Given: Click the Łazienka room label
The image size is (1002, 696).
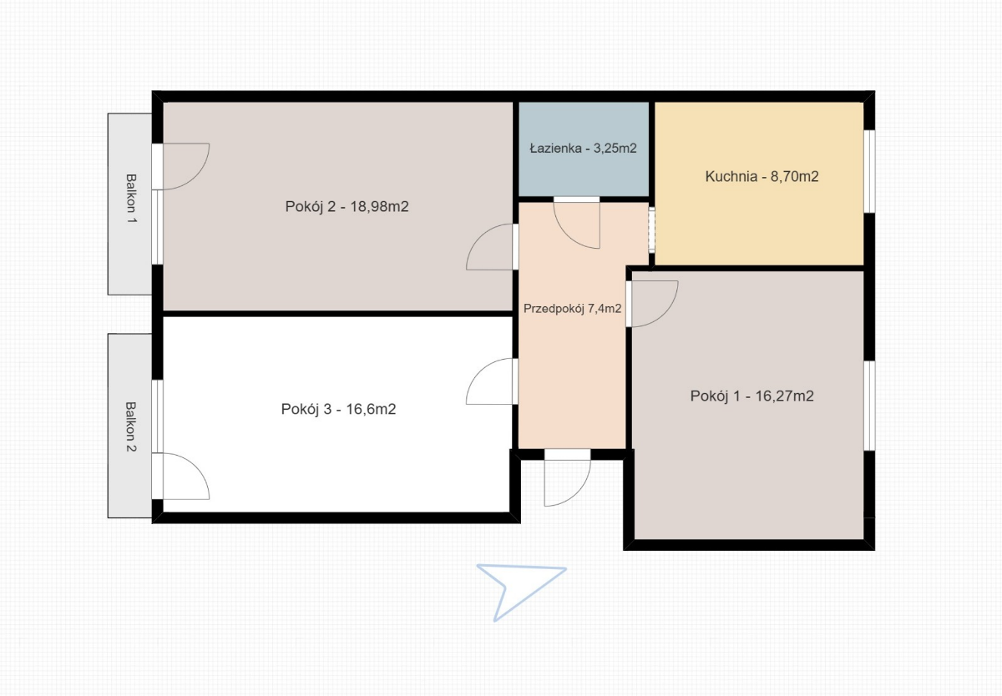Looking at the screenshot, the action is coord(583,148).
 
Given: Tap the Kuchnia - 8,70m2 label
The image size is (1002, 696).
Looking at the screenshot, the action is coord(762,177).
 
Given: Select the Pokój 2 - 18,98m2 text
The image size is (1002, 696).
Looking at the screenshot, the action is coord(347,206).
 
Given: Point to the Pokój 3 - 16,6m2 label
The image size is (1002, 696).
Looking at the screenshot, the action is coord(339,409).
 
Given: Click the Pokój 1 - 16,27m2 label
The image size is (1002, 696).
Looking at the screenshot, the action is coord(752,396).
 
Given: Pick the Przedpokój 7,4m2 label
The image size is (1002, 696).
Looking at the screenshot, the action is coord(573,309).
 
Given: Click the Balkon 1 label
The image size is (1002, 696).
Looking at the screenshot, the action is coord(130,199).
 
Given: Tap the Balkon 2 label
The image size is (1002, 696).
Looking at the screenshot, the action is coord(130,426).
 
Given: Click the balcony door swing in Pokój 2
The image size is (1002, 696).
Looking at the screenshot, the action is coord(197,177).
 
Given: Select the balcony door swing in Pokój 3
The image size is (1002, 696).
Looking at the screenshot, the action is coord(197,466).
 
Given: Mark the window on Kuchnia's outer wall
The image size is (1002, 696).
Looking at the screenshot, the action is coord(869,171).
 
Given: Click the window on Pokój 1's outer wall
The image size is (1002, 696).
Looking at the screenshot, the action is coord(869,406).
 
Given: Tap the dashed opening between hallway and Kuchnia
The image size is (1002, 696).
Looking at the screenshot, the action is coord(652,229).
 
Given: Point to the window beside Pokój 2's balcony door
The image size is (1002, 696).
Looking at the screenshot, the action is coord(158,227).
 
